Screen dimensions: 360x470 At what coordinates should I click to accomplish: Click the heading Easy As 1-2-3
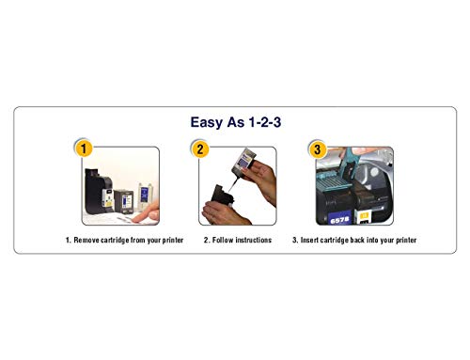click(x=235, y=121)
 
